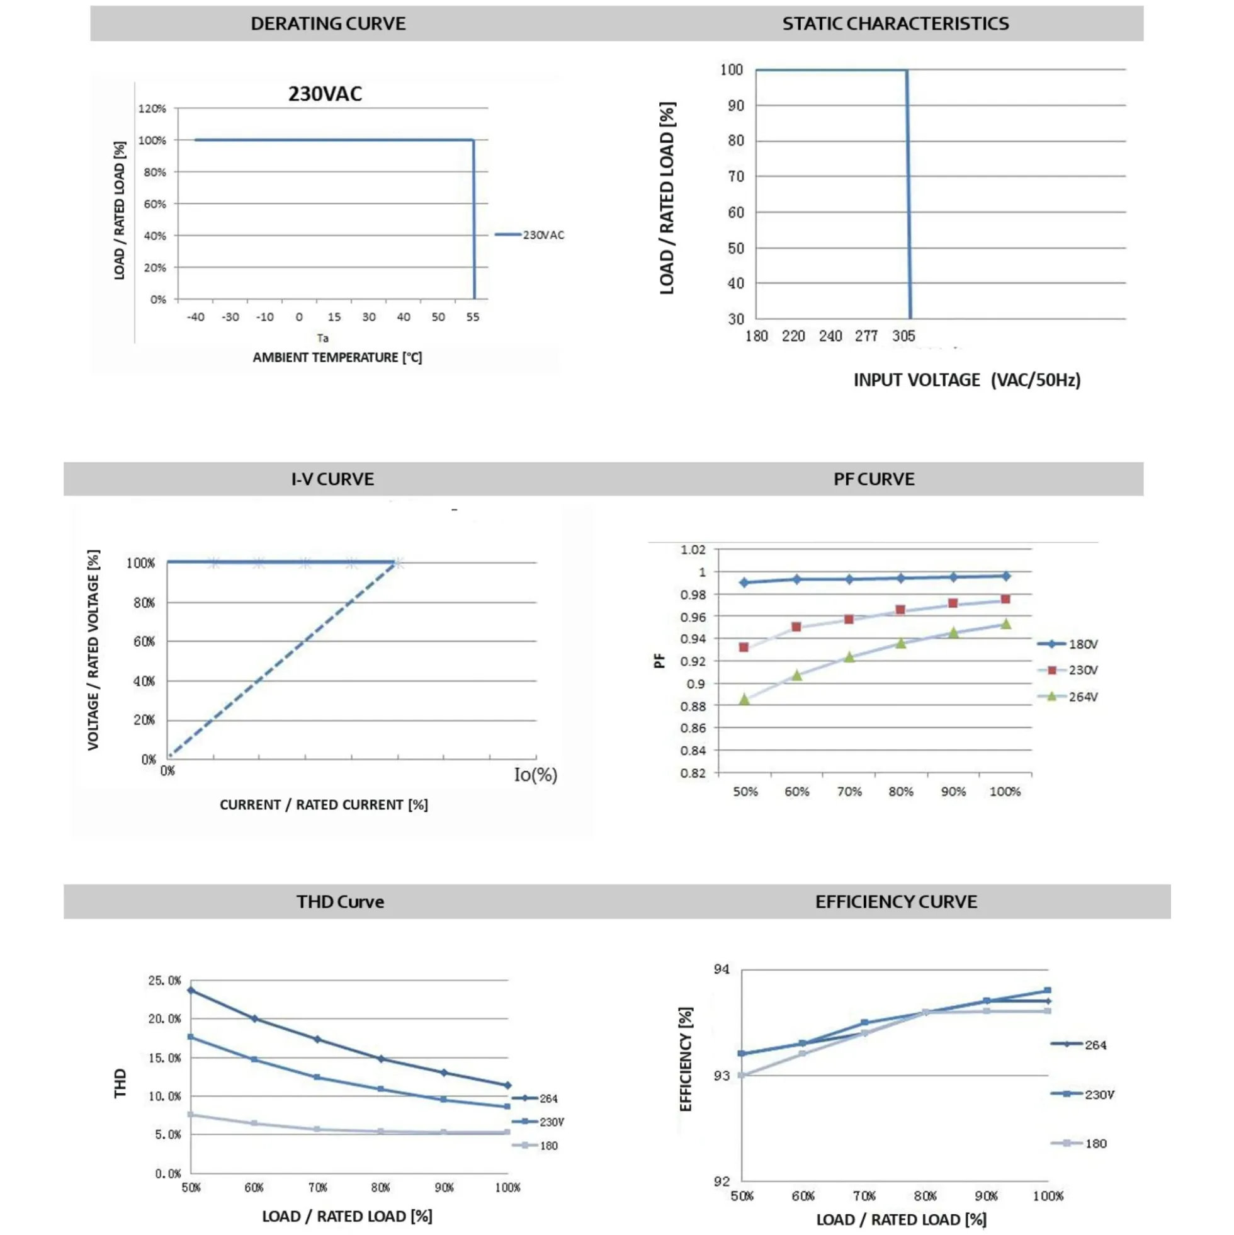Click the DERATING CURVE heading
[x=328, y=24]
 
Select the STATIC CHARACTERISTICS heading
[x=895, y=24]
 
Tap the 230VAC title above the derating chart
[x=325, y=94]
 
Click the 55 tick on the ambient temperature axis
[x=472, y=317]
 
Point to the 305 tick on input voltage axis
[x=903, y=336]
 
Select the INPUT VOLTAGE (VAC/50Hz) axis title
[x=967, y=380]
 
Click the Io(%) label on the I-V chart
[x=536, y=775]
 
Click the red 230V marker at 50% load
[x=743, y=647]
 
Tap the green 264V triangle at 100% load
[x=1005, y=624]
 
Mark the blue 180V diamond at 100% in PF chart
[x=1006, y=576]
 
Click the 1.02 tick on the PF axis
[x=693, y=550]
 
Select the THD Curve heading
[x=340, y=902]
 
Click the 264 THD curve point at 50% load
[x=190, y=990]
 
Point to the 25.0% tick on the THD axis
[x=164, y=981]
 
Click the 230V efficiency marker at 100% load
[x=1048, y=990]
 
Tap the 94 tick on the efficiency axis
[x=722, y=970]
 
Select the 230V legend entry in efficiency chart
[x=1082, y=1095]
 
